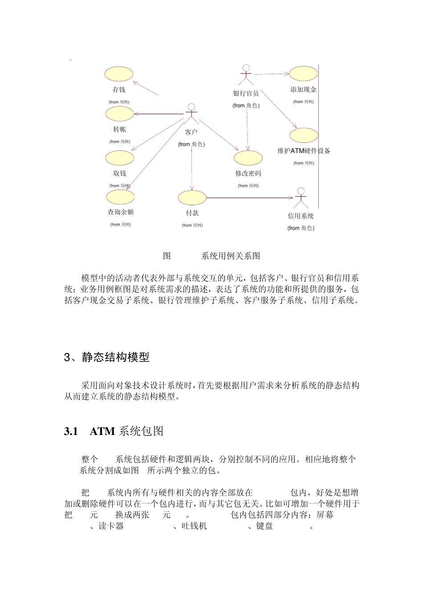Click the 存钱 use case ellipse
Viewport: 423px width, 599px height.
coord(119,74)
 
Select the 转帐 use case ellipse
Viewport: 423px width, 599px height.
coord(119,114)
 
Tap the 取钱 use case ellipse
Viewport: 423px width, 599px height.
coord(120,158)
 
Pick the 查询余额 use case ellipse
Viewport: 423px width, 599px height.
coord(120,197)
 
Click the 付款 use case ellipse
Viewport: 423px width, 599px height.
coord(192,197)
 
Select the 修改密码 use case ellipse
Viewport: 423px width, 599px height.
coord(248,158)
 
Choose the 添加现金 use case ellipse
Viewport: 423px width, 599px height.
coord(303,74)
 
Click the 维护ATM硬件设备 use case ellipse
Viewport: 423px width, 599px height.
coord(304,135)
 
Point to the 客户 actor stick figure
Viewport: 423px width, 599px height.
coord(191,114)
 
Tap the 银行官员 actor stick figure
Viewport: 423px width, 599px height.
coord(245,75)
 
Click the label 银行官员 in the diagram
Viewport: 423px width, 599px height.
coord(246,94)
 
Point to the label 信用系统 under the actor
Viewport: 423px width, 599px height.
coord(301,216)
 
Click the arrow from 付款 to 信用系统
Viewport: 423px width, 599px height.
coord(249,197)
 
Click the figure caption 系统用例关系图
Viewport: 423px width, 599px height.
coord(231,256)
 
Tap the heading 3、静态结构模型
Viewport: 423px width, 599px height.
coord(107,357)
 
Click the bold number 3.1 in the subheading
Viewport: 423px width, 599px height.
coord(71,431)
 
